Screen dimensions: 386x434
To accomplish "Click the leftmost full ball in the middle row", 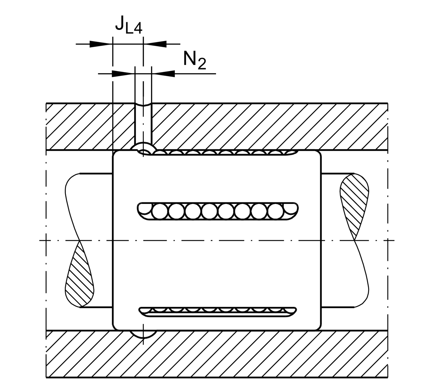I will click(160, 212).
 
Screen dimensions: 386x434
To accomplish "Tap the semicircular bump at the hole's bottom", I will click(143, 148).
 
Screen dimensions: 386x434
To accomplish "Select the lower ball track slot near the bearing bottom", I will click(218, 311).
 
